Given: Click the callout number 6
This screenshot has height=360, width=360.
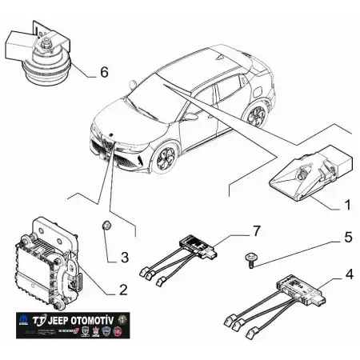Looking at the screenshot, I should coord(103,72).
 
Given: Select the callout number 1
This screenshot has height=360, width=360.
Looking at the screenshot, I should coord(347,205).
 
